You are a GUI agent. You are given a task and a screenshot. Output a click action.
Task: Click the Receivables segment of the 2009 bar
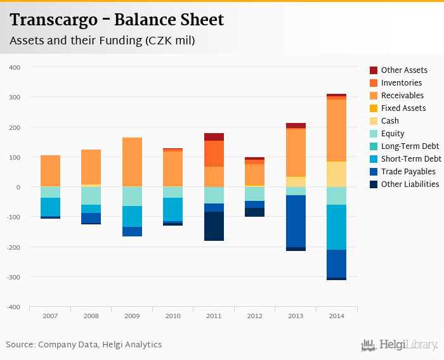(132, 162)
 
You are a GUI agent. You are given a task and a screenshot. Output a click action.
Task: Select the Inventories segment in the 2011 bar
(214, 153)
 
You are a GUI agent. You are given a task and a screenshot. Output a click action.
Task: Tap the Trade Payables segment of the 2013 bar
(296, 221)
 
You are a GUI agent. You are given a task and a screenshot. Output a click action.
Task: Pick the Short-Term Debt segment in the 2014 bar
(336, 227)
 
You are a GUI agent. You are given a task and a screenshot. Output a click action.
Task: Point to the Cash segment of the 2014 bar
(336, 174)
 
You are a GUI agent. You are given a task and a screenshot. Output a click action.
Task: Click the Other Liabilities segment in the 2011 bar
(214, 226)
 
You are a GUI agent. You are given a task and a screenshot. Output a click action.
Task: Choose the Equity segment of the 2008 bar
(91, 196)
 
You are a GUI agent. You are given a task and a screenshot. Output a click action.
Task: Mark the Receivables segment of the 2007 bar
(50, 170)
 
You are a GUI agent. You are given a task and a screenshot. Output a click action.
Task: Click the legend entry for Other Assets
(403, 70)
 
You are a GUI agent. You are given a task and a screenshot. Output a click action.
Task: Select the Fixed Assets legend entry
(403, 108)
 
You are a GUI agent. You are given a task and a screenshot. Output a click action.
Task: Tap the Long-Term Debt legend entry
(410, 146)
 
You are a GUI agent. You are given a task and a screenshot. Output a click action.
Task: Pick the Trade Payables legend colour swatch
(374, 172)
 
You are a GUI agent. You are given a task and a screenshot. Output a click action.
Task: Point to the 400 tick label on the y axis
(15, 67)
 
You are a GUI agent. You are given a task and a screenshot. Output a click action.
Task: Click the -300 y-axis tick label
(13, 277)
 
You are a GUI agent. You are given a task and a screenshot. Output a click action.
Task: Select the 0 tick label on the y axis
(18, 187)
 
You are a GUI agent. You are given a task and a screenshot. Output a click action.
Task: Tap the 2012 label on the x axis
(254, 316)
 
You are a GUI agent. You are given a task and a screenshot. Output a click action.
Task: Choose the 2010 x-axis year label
(173, 316)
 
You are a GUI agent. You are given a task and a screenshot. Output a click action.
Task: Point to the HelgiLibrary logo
(399, 345)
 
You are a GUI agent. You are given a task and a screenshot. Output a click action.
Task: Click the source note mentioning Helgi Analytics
(84, 345)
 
